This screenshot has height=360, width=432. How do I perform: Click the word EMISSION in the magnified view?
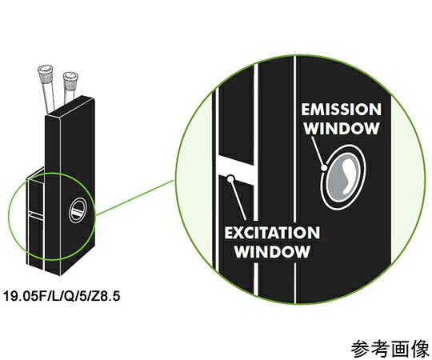341,110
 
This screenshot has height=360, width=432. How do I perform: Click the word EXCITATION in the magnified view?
272,233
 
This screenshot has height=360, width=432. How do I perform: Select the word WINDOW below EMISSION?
342,128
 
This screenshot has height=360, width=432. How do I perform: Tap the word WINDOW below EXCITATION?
272,251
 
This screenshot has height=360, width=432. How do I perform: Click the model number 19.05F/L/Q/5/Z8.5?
62,296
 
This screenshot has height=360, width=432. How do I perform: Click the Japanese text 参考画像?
390,349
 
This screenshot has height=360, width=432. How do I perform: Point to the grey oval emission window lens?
343,176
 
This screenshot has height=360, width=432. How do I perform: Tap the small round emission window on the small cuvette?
78,210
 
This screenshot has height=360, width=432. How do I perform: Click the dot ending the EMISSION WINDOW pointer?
325,167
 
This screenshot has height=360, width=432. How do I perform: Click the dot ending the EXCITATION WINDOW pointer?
231,179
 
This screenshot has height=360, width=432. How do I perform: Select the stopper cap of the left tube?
45,72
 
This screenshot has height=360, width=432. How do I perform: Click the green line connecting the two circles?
135,197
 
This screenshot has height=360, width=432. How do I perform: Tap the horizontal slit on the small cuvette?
35,214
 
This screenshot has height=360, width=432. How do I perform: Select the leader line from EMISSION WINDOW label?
318,151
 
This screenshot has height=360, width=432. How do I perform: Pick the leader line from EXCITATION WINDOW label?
238,200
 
